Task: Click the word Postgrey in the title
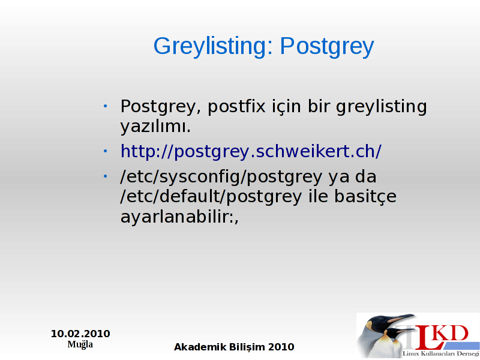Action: click(327, 46)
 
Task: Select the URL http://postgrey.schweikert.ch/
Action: click(251, 151)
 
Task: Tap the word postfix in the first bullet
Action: click(236, 106)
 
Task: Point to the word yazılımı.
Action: click(155, 127)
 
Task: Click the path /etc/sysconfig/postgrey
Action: click(221, 176)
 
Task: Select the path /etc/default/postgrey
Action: click(211, 197)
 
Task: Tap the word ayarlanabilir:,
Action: click(179, 217)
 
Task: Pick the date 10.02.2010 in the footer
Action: click(80, 334)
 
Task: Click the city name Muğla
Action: click(80, 344)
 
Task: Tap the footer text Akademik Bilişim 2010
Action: click(234, 347)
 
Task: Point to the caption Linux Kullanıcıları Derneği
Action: click(441, 353)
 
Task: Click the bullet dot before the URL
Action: click(106, 151)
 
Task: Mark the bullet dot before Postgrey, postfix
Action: click(106, 106)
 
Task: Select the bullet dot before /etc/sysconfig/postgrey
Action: click(106, 176)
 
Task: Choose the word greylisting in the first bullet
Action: click(382, 107)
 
